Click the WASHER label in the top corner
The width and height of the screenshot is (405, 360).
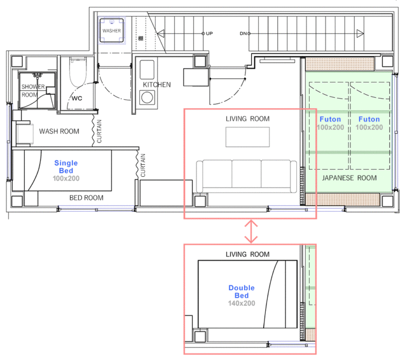pos(112,31)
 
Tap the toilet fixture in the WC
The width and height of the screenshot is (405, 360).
pos(78,72)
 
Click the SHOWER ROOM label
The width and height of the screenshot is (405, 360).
pos(33,90)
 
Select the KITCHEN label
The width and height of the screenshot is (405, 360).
pos(157,84)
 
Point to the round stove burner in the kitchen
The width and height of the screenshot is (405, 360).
pos(147,98)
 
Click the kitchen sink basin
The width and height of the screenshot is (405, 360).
pos(147,70)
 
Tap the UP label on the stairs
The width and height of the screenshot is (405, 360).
pos(209,33)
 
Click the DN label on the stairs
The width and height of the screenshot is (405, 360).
pos(243,33)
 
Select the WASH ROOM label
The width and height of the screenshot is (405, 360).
pos(59,131)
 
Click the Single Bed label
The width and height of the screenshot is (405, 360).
pos(66,167)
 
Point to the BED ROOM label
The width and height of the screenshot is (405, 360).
pos(86,198)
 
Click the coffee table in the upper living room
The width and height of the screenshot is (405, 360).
pos(247,137)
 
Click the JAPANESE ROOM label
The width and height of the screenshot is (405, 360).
pos(349,178)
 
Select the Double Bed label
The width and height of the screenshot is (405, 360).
pos(242,291)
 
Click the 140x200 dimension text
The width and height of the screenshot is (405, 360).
pos(242,303)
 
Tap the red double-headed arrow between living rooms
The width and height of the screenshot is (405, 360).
pos(251,231)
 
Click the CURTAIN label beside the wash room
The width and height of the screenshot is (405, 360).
pos(99,131)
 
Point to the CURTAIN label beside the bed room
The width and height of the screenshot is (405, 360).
pos(143,166)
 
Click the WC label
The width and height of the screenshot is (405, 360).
pos(77,98)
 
